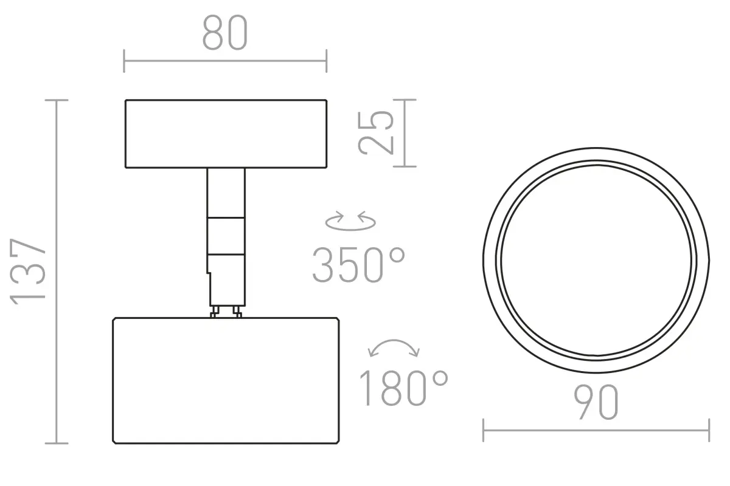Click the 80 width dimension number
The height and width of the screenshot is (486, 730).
[x=225, y=33]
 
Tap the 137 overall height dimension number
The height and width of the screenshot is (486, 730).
[x=28, y=272]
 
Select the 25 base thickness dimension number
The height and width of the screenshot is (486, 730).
[x=376, y=133]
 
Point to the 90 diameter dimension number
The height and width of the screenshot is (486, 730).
[x=596, y=402]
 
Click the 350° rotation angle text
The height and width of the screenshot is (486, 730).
[x=358, y=265]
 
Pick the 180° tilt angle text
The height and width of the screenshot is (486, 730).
[x=404, y=388]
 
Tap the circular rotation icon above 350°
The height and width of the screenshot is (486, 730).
[x=350, y=221]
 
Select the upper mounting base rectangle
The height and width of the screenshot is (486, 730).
[x=226, y=134]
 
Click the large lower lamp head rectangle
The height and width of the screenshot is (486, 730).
[x=226, y=380]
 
